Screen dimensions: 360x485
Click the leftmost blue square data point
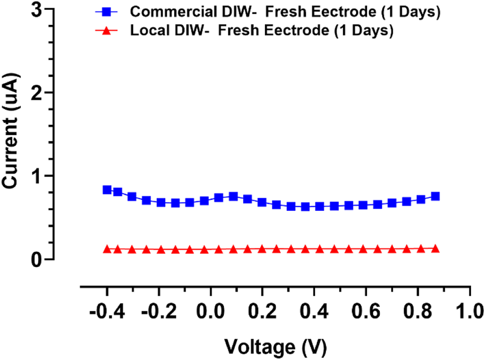click(x=107, y=190)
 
